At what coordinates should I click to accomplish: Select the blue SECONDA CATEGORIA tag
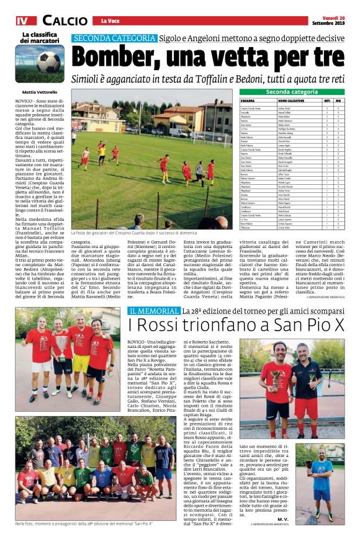point(114,38)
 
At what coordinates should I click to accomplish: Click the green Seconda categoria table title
point(291,92)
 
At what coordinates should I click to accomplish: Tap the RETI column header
point(327,100)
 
